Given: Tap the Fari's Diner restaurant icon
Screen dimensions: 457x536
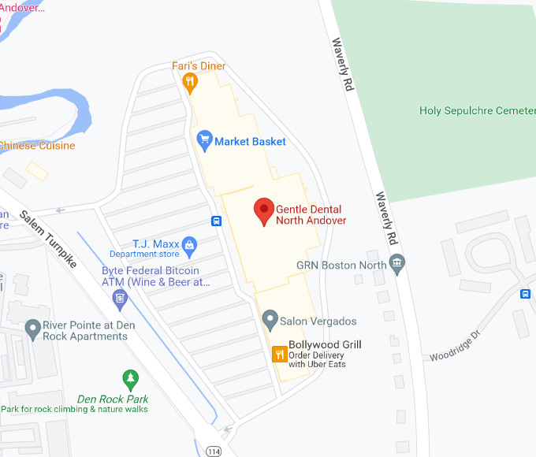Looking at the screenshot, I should tap(189, 80).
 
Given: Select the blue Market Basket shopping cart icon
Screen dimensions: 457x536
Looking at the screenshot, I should tap(204, 141).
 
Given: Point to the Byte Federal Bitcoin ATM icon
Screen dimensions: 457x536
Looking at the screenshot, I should tap(120, 298).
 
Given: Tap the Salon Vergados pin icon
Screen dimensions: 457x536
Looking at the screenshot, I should tap(270, 321).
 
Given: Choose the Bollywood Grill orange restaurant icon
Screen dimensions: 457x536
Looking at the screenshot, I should tap(278, 354).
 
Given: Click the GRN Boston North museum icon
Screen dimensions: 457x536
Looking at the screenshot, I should tap(397, 264).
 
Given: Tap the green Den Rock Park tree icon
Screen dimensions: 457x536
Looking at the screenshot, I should tap(130, 378).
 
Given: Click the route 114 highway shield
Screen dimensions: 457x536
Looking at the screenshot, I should tap(213, 451).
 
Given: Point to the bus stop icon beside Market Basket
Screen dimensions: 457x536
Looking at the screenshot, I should tap(216, 221).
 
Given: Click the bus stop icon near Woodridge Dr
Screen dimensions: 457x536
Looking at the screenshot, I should tap(526, 294).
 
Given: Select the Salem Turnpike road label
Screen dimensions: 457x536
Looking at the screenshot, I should tap(49, 239).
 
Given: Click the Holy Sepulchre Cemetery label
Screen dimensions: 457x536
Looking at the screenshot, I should tap(477, 111).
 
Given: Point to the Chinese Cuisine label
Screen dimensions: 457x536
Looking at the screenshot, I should tap(37, 146).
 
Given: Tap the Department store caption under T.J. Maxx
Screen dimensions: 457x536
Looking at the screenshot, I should tap(144, 255).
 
